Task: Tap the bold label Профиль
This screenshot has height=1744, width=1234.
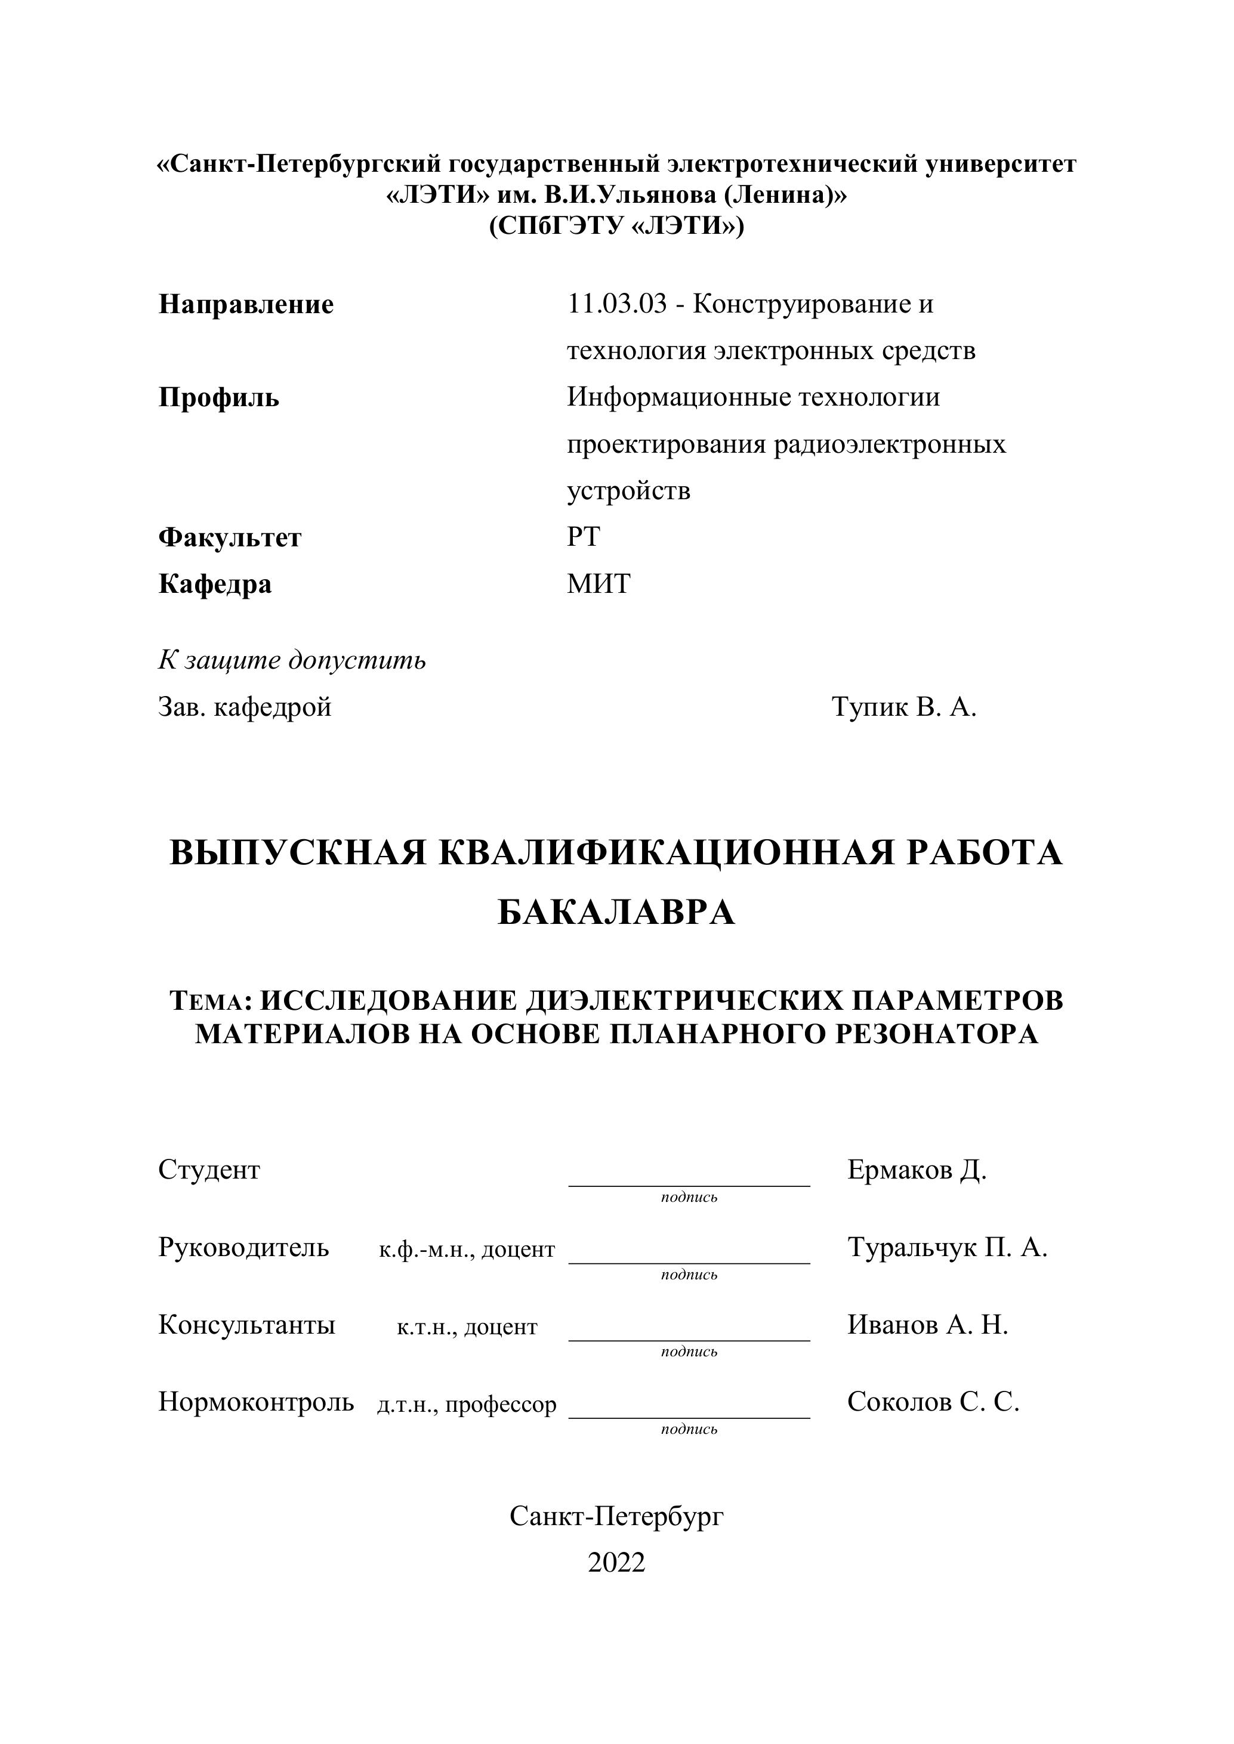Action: pyautogui.click(x=219, y=397)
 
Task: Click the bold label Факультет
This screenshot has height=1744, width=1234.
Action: pyautogui.click(x=230, y=538)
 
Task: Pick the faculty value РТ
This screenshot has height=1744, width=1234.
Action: pyautogui.click(x=583, y=537)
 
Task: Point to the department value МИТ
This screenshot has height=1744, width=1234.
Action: pyautogui.click(x=598, y=584)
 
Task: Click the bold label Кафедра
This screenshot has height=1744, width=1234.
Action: pyautogui.click(x=215, y=584)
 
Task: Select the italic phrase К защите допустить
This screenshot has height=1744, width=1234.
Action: pyautogui.click(x=292, y=660)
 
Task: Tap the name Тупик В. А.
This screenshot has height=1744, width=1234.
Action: pyautogui.click(x=903, y=707)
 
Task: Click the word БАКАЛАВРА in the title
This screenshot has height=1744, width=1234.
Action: pyautogui.click(x=616, y=912)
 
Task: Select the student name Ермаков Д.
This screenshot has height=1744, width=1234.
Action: pyautogui.click(x=917, y=1170)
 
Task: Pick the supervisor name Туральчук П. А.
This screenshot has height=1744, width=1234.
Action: pyautogui.click(x=947, y=1247)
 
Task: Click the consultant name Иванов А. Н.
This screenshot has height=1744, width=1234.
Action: pyautogui.click(x=927, y=1325)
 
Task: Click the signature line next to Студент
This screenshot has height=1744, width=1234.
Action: pyautogui.click(x=689, y=1183)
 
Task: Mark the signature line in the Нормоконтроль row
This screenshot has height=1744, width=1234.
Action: pyautogui.click(x=689, y=1416)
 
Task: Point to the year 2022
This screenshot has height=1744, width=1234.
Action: pyautogui.click(x=616, y=1563)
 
